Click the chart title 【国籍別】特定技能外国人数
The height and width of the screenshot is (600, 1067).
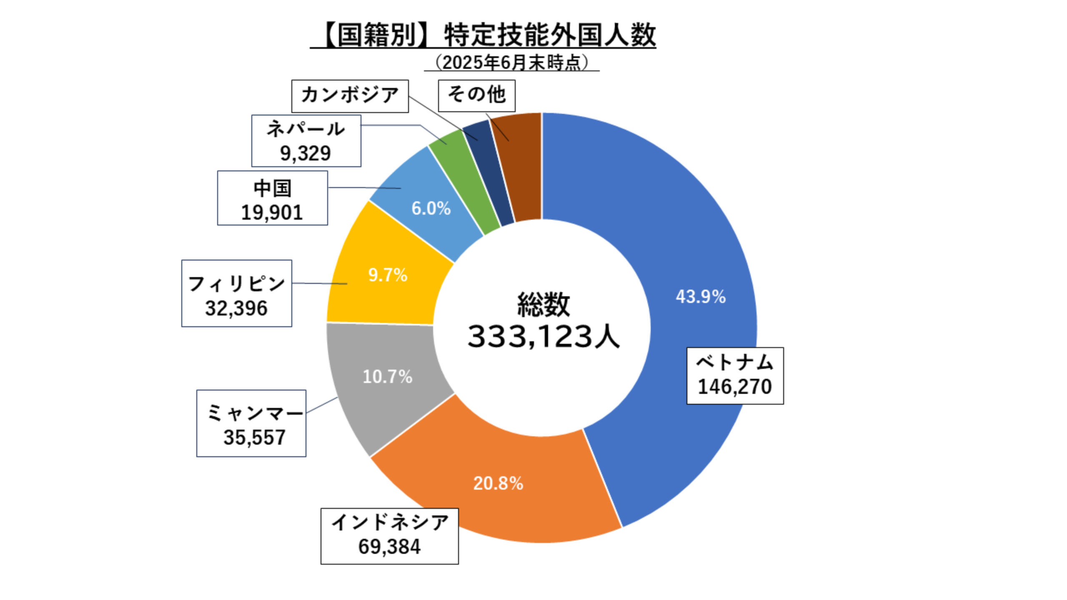pyautogui.click(x=483, y=35)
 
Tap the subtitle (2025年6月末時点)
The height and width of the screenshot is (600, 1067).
pyautogui.click(x=512, y=63)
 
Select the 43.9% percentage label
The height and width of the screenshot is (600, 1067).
pyautogui.click(x=701, y=297)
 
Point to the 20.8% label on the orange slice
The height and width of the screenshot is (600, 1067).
pyautogui.click(x=498, y=483)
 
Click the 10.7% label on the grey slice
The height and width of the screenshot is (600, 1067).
pyautogui.click(x=387, y=377)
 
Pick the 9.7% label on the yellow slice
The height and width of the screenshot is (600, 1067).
pyautogui.click(x=388, y=275)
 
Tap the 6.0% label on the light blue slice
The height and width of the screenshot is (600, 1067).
pyautogui.click(x=431, y=208)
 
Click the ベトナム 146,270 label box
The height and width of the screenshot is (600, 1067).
pyautogui.click(x=735, y=375)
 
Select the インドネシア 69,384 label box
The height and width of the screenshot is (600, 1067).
pyautogui.click(x=389, y=536)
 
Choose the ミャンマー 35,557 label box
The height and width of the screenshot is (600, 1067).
pyautogui.click(x=251, y=423)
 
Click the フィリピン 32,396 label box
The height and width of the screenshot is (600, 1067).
pyautogui.click(x=237, y=293)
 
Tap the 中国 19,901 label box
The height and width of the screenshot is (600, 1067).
pyautogui.click(x=272, y=198)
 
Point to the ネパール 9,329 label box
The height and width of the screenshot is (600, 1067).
pyautogui.click(x=306, y=141)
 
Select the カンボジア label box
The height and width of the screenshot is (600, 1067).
pyautogui.click(x=350, y=96)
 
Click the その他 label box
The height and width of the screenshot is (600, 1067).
pyautogui.click(x=476, y=96)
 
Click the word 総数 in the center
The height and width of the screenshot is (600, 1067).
pyautogui.click(x=543, y=305)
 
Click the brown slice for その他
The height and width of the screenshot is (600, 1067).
pyautogui.click(x=519, y=167)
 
